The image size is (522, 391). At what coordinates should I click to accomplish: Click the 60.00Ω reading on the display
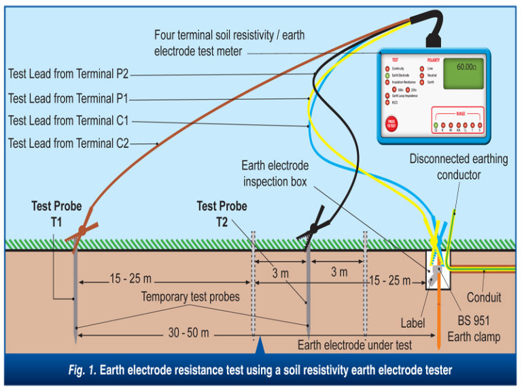(466, 68)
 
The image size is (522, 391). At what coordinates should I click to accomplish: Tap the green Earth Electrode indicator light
(387, 76)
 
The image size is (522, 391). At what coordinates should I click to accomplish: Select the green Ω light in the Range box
(436, 126)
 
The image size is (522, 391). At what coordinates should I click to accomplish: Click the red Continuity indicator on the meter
(387, 69)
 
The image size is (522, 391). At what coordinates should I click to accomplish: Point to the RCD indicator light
(387, 103)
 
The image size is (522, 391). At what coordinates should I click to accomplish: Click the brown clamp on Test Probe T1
(81, 231)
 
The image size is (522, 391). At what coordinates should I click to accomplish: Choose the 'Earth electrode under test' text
(354, 345)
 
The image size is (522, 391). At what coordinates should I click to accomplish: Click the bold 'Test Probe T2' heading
(222, 212)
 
